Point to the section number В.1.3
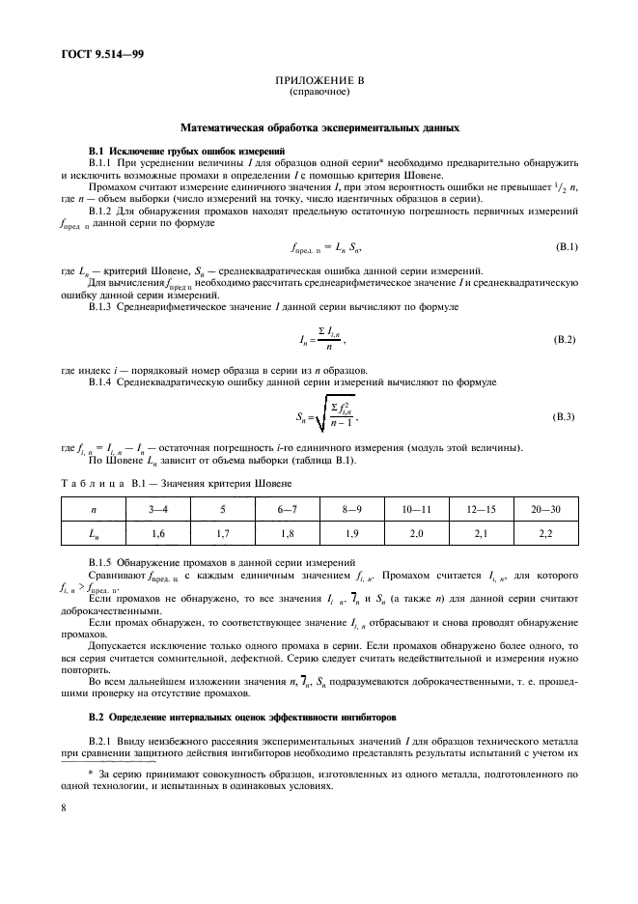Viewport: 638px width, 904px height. click(105, 306)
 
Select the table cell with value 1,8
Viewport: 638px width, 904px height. click(287, 532)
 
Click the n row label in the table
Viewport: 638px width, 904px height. click(93, 507)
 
